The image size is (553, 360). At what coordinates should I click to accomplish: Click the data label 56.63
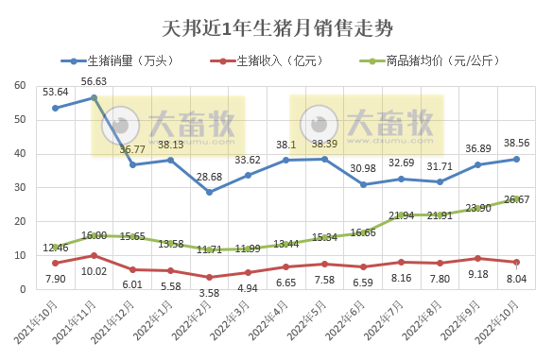95,82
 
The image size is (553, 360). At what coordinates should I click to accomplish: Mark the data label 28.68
209,179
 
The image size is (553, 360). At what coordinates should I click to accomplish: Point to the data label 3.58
209,293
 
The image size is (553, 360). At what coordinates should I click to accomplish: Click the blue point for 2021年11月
94,97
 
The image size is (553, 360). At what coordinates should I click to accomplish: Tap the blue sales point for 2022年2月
209,192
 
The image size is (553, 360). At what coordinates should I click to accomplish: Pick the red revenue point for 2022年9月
477,258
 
